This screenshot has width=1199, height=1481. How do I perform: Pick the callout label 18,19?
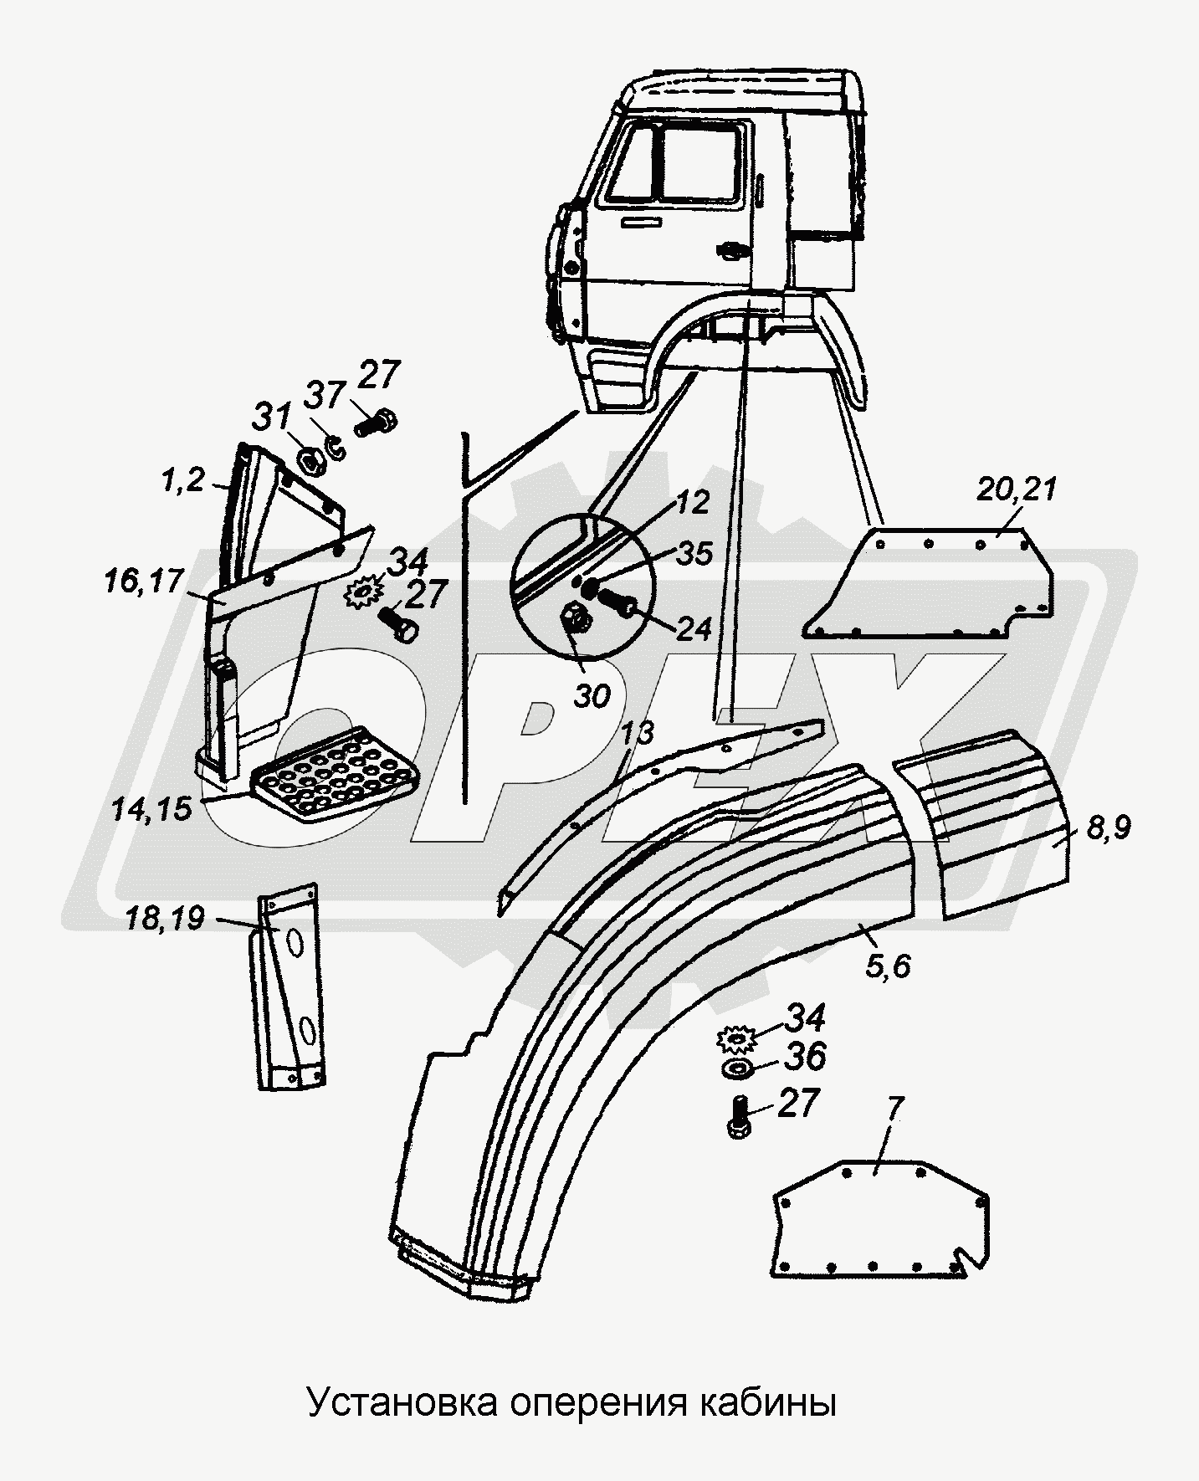[167, 919]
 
